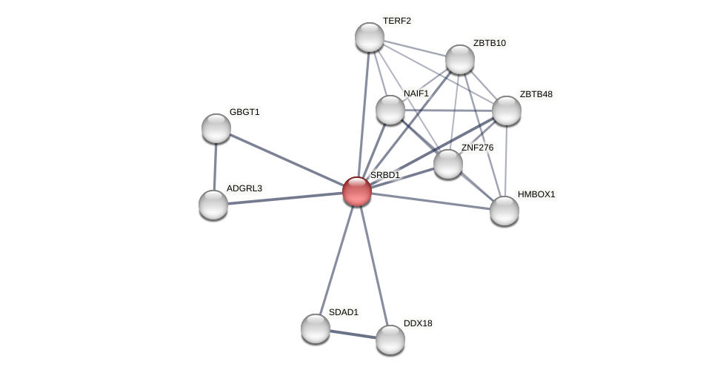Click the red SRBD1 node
click(x=356, y=191)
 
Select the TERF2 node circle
click(x=370, y=37)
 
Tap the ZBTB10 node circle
click(x=460, y=59)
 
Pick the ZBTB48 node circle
click(x=507, y=110)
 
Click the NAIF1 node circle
click(x=390, y=110)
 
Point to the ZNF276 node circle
click(x=448, y=164)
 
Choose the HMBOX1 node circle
click(x=504, y=211)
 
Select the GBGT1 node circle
click(x=216, y=128)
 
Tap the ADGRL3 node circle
click(x=213, y=205)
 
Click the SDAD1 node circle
click(x=316, y=329)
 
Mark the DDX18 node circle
click(x=390, y=340)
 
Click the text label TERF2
click(x=396, y=21)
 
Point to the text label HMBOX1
click(x=536, y=194)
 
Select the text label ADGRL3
click(x=244, y=188)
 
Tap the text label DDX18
click(x=418, y=323)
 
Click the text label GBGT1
click(x=244, y=112)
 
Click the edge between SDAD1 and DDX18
click(x=353, y=334)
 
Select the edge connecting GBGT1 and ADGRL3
click(x=215, y=167)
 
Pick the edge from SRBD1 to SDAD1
click(x=336, y=259)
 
